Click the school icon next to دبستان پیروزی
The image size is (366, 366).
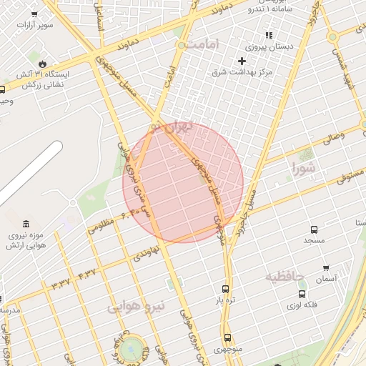(x=269, y=34)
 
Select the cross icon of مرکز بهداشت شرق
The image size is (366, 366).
(x=242, y=61)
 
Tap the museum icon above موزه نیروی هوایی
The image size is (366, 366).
(x=26, y=224)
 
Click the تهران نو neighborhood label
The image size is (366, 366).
(x=179, y=128)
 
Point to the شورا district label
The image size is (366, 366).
(x=303, y=169)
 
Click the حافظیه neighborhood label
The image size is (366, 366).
(x=285, y=276)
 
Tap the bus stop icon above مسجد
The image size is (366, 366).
(x=314, y=229)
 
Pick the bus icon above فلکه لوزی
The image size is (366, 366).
(x=302, y=293)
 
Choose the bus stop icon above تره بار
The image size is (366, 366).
(x=226, y=290)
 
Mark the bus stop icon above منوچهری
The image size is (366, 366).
(x=227, y=337)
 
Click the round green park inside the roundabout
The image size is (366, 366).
(x=131, y=350)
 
